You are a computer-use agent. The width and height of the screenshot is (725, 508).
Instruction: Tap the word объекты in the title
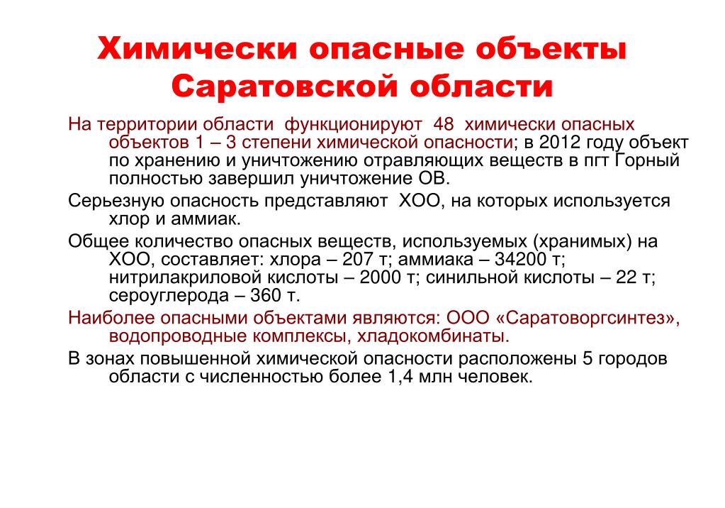coord(551,49)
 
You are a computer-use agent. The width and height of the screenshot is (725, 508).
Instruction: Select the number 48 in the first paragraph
coord(444,124)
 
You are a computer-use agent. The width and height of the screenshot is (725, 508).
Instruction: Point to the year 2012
coord(559,142)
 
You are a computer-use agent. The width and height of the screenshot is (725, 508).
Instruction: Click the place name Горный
coord(648,161)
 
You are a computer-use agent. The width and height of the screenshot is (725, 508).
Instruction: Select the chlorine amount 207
coord(357,260)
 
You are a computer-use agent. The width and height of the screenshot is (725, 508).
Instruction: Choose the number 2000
coord(381,277)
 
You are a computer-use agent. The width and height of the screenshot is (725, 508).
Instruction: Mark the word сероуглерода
coord(169,296)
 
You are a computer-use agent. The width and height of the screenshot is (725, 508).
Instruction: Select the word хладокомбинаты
coord(433,337)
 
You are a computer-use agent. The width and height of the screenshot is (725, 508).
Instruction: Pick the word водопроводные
coord(178,337)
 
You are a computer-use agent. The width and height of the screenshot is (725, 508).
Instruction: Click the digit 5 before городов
coord(588,359)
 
